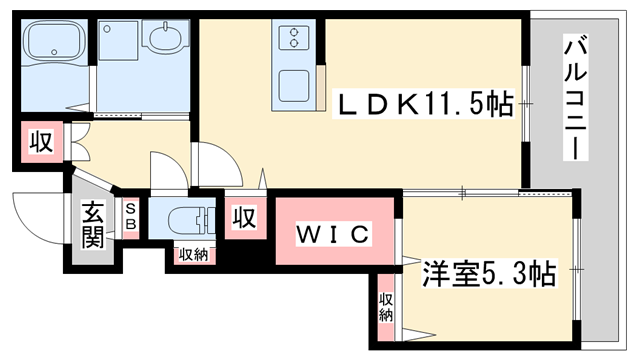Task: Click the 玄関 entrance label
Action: pyautogui.click(x=93, y=225)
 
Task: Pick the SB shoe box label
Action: pyautogui.click(x=131, y=217)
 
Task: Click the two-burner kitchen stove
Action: pyautogui.click(x=297, y=39)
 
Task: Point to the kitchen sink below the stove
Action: pyautogui.click(x=297, y=84)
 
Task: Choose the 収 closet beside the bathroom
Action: pyautogui.click(x=40, y=141)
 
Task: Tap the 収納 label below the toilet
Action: pyautogui.click(x=193, y=255)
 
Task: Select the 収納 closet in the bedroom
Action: pyautogui.click(x=386, y=306)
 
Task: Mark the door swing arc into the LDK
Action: pyautogui.click(x=214, y=163)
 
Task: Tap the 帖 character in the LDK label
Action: pyautogui.click(x=504, y=103)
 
